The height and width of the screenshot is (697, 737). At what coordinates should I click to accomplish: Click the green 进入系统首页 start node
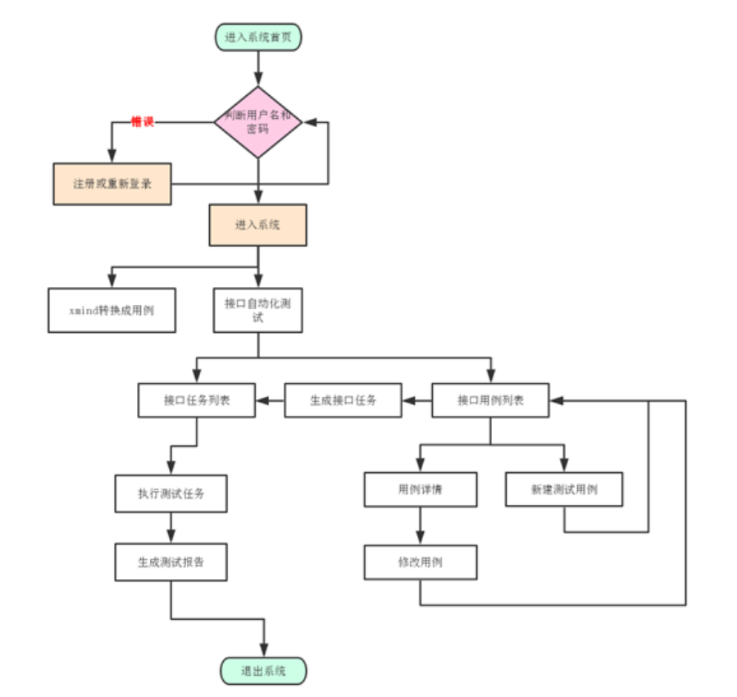[258, 37]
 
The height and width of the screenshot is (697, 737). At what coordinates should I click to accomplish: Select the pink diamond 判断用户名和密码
[258, 122]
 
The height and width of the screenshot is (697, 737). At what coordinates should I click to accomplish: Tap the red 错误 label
[143, 122]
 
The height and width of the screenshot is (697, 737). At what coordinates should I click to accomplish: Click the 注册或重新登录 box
[112, 184]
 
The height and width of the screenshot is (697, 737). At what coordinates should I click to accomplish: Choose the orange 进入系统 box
[258, 225]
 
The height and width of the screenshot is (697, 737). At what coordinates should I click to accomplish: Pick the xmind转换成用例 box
[112, 310]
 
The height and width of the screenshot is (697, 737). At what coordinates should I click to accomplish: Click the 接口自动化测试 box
[258, 310]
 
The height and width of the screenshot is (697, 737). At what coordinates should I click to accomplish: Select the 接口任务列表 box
[197, 401]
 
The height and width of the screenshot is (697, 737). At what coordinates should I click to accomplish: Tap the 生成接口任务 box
[343, 401]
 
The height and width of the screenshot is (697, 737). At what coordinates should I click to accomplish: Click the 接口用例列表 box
[490, 401]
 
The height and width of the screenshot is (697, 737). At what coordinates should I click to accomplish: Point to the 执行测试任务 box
[171, 494]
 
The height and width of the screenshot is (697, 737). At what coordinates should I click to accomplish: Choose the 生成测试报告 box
[171, 563]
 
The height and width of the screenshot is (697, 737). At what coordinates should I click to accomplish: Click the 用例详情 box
[421, 490]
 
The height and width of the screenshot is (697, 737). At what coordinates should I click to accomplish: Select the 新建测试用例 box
[564, 490]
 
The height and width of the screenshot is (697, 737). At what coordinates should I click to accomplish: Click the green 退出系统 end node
[263, 671]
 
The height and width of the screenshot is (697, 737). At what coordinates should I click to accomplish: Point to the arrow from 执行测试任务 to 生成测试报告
[171, 528]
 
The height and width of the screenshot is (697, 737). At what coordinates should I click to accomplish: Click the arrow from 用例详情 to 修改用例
[421, 526]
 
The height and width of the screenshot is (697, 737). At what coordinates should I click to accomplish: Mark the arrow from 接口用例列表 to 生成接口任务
[417, 401]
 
